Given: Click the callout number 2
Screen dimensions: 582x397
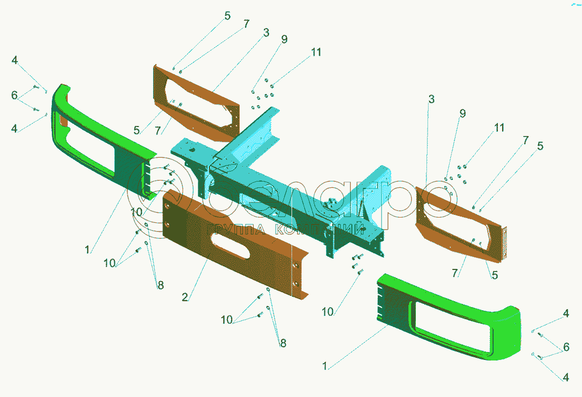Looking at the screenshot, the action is click(x=185, y=297).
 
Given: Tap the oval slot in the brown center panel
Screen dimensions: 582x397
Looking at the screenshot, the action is click(x=233, y=249).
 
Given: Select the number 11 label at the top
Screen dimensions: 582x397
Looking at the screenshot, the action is click(x=316, y=52).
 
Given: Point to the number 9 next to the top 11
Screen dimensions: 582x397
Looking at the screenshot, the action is click(x=284, y=40).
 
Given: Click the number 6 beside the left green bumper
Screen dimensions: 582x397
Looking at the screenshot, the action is click(x=14, y=95).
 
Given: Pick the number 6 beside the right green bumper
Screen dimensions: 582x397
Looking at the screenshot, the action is click(x=566, y=347).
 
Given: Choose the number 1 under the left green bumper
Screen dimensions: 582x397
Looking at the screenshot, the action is click(x=88, y=249).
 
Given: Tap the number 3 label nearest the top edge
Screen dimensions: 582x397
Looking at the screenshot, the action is click(x=266, y=33).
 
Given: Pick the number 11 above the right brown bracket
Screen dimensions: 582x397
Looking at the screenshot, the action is click(x=499, y=128).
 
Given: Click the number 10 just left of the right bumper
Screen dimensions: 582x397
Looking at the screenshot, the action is click(x=328, y=312).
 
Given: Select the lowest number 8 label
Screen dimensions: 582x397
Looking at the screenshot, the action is click(x=283, y=343).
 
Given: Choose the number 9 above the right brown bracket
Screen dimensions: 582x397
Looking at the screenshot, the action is click(x=462, y=113).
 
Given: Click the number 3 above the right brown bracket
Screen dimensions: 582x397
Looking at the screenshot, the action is click(x=431, y=99).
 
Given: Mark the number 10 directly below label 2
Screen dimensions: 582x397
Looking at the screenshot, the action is click(x=226, y=320).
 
